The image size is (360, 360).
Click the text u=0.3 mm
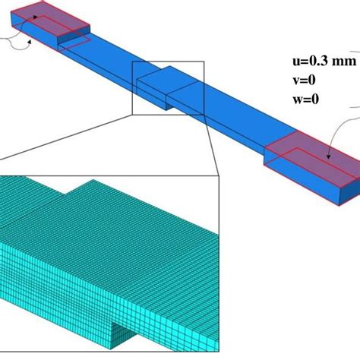(324, 61)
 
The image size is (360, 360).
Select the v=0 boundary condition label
(304, 81)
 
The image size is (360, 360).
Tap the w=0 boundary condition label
(305, 99)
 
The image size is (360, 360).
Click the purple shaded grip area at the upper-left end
(51, 21)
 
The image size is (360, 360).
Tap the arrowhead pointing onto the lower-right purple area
(329, 156)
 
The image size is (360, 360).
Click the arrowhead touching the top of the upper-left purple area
(35, 17)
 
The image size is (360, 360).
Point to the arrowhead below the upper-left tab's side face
(30, 42)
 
